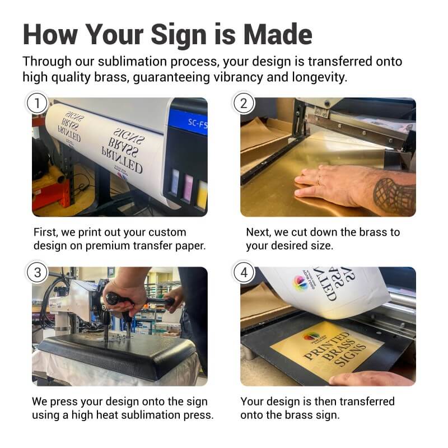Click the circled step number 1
pyautogui.click(x=38, y=104)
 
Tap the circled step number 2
pyautogui.click(x=244, y=104)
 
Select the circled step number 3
pyautogui.click(x=38, y=273)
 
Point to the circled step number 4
pyautogui.click(x=244, y=273)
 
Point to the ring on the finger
pyautogui.click(x=318, y=180)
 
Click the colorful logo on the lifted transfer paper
pyautogui.click(x=300, y=283)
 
